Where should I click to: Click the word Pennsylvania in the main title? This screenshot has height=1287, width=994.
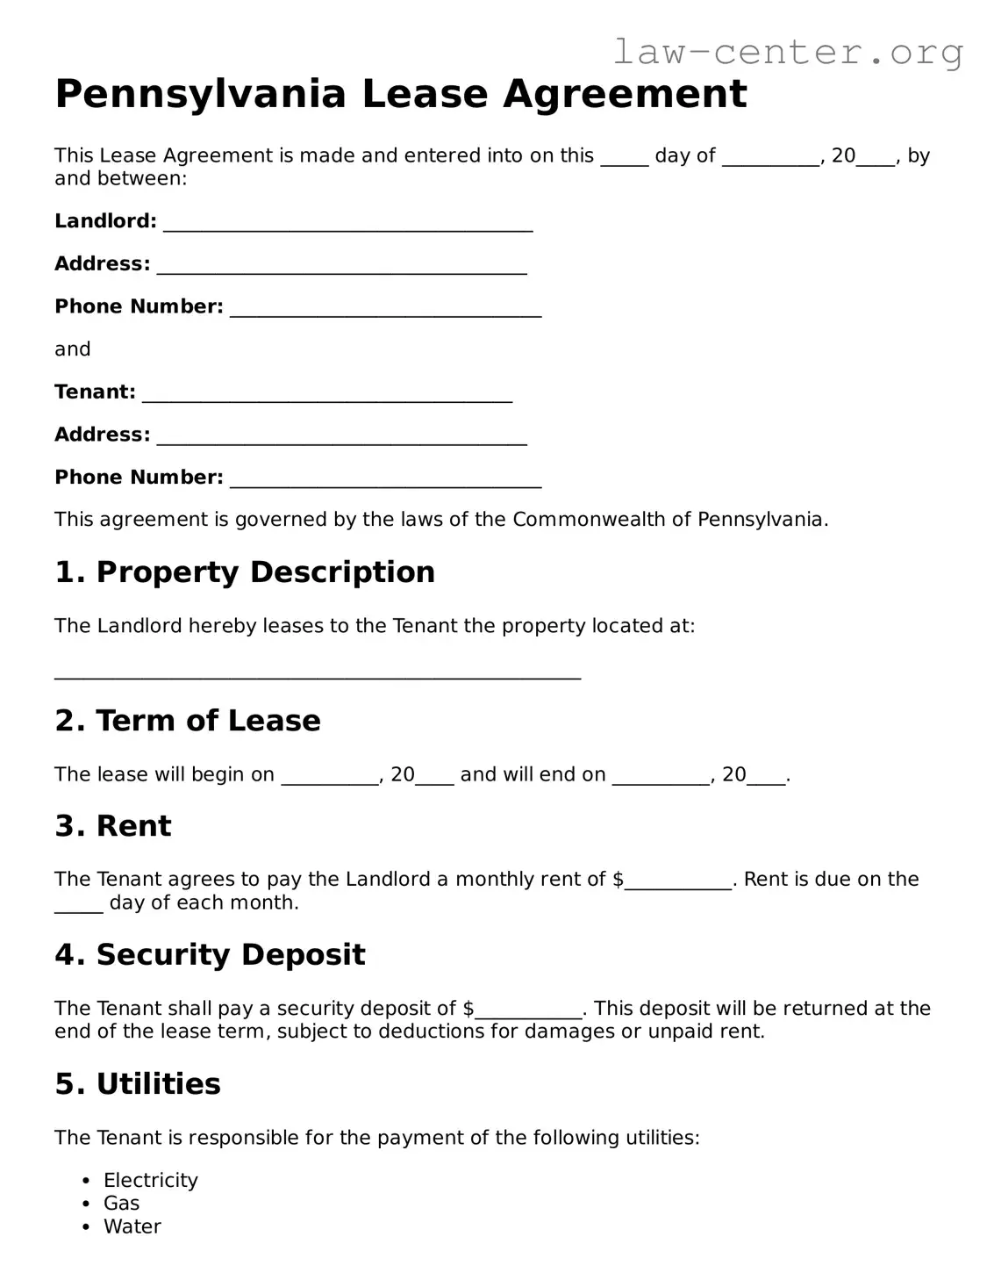click(x=200, y=94)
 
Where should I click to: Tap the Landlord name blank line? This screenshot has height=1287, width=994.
click(x=347, y=224)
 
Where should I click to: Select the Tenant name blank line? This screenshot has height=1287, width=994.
click(x=326, y=395)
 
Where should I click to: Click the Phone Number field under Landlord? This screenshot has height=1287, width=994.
click(x=385, y=309)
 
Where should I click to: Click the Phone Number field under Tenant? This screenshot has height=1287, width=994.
click(x=385, y=480)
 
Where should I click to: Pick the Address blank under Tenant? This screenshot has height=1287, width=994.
click(x=341, y=438)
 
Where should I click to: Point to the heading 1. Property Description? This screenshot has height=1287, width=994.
click(x=244, y=572)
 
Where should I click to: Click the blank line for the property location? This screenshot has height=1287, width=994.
click(x=317, y=672)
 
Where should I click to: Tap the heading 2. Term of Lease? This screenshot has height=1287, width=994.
click(x=187, y=721)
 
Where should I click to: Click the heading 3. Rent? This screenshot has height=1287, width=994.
click(x=112, y=826)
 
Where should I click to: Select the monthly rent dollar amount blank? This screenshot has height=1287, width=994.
click(x=678, y=882)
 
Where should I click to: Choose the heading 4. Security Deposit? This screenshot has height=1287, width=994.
click(x=210, y=955)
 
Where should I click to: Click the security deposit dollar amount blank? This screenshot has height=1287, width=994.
click(x=528, y=1011)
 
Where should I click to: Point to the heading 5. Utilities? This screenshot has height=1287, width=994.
click(x=137, y=1084)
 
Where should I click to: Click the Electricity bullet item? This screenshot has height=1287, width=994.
click(x=150, y=1181)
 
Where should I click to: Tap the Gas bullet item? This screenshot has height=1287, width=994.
click(x=121, y=1204)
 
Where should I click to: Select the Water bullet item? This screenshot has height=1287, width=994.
click(x=132, y=1227)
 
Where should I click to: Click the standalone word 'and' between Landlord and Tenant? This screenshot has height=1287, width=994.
click(x=72, y=349)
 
